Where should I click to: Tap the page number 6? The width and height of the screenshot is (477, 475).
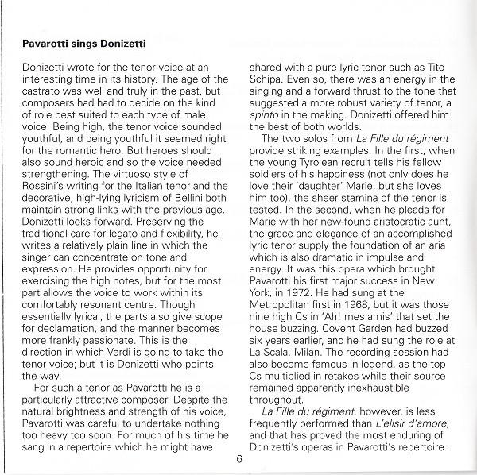tap(238, 459)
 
